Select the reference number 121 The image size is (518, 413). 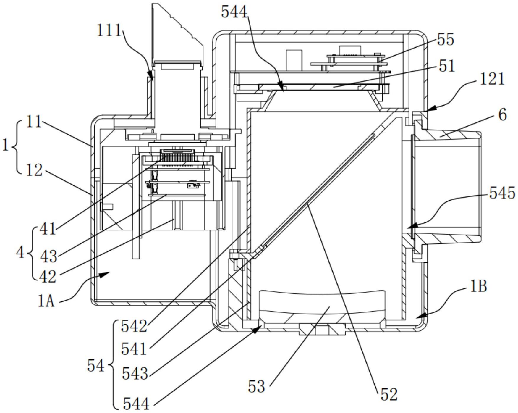pyautogui.click(x=492, y=79)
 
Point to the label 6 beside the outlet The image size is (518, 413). pyautogui.click(x=502, y=115)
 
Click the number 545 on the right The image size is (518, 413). pyautogui.click(x=502, y=193)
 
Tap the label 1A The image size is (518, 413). pyautogui.click(x=46, y=302)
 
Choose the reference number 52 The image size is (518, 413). pyautogui.click(x=389, y=395)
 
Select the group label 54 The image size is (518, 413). pyautogui.click(x=96, y=366)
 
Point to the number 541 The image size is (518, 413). pyautogui.click(x=134, y=349)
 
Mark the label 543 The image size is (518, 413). pyautogui.click(x=135, y=374)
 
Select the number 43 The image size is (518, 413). pyautogui.click(x=48, y=256)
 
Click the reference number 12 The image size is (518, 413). pyautogui.click(x=34, y=170)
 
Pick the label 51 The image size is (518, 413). pyautogui.click(x=447, y=66)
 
